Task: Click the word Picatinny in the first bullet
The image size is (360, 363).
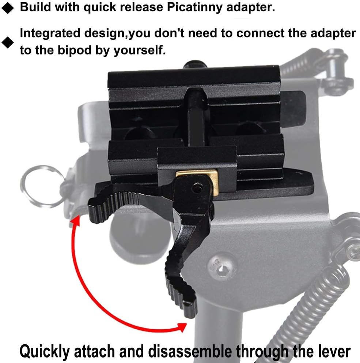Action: pyautogui.click(x=194, y=7)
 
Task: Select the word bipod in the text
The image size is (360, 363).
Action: pyautogui.click(x=75, y=50)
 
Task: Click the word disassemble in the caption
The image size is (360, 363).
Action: pyautogui.click(x=190, y=351)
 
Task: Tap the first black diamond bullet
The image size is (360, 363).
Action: pyautogui.click(x=8, y=8)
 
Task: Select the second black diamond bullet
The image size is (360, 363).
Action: pyautogui.click(x=8, y=42)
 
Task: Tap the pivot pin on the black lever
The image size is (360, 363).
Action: pyautogui.click(x=197, y=188)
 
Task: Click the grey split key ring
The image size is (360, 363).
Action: pyautogui.click(x=42, y=186)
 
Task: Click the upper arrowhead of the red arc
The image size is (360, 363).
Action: pyautogui.click(x=76, y=220)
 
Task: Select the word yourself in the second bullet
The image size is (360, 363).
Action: pyautogui.click(x=139, y=50)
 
